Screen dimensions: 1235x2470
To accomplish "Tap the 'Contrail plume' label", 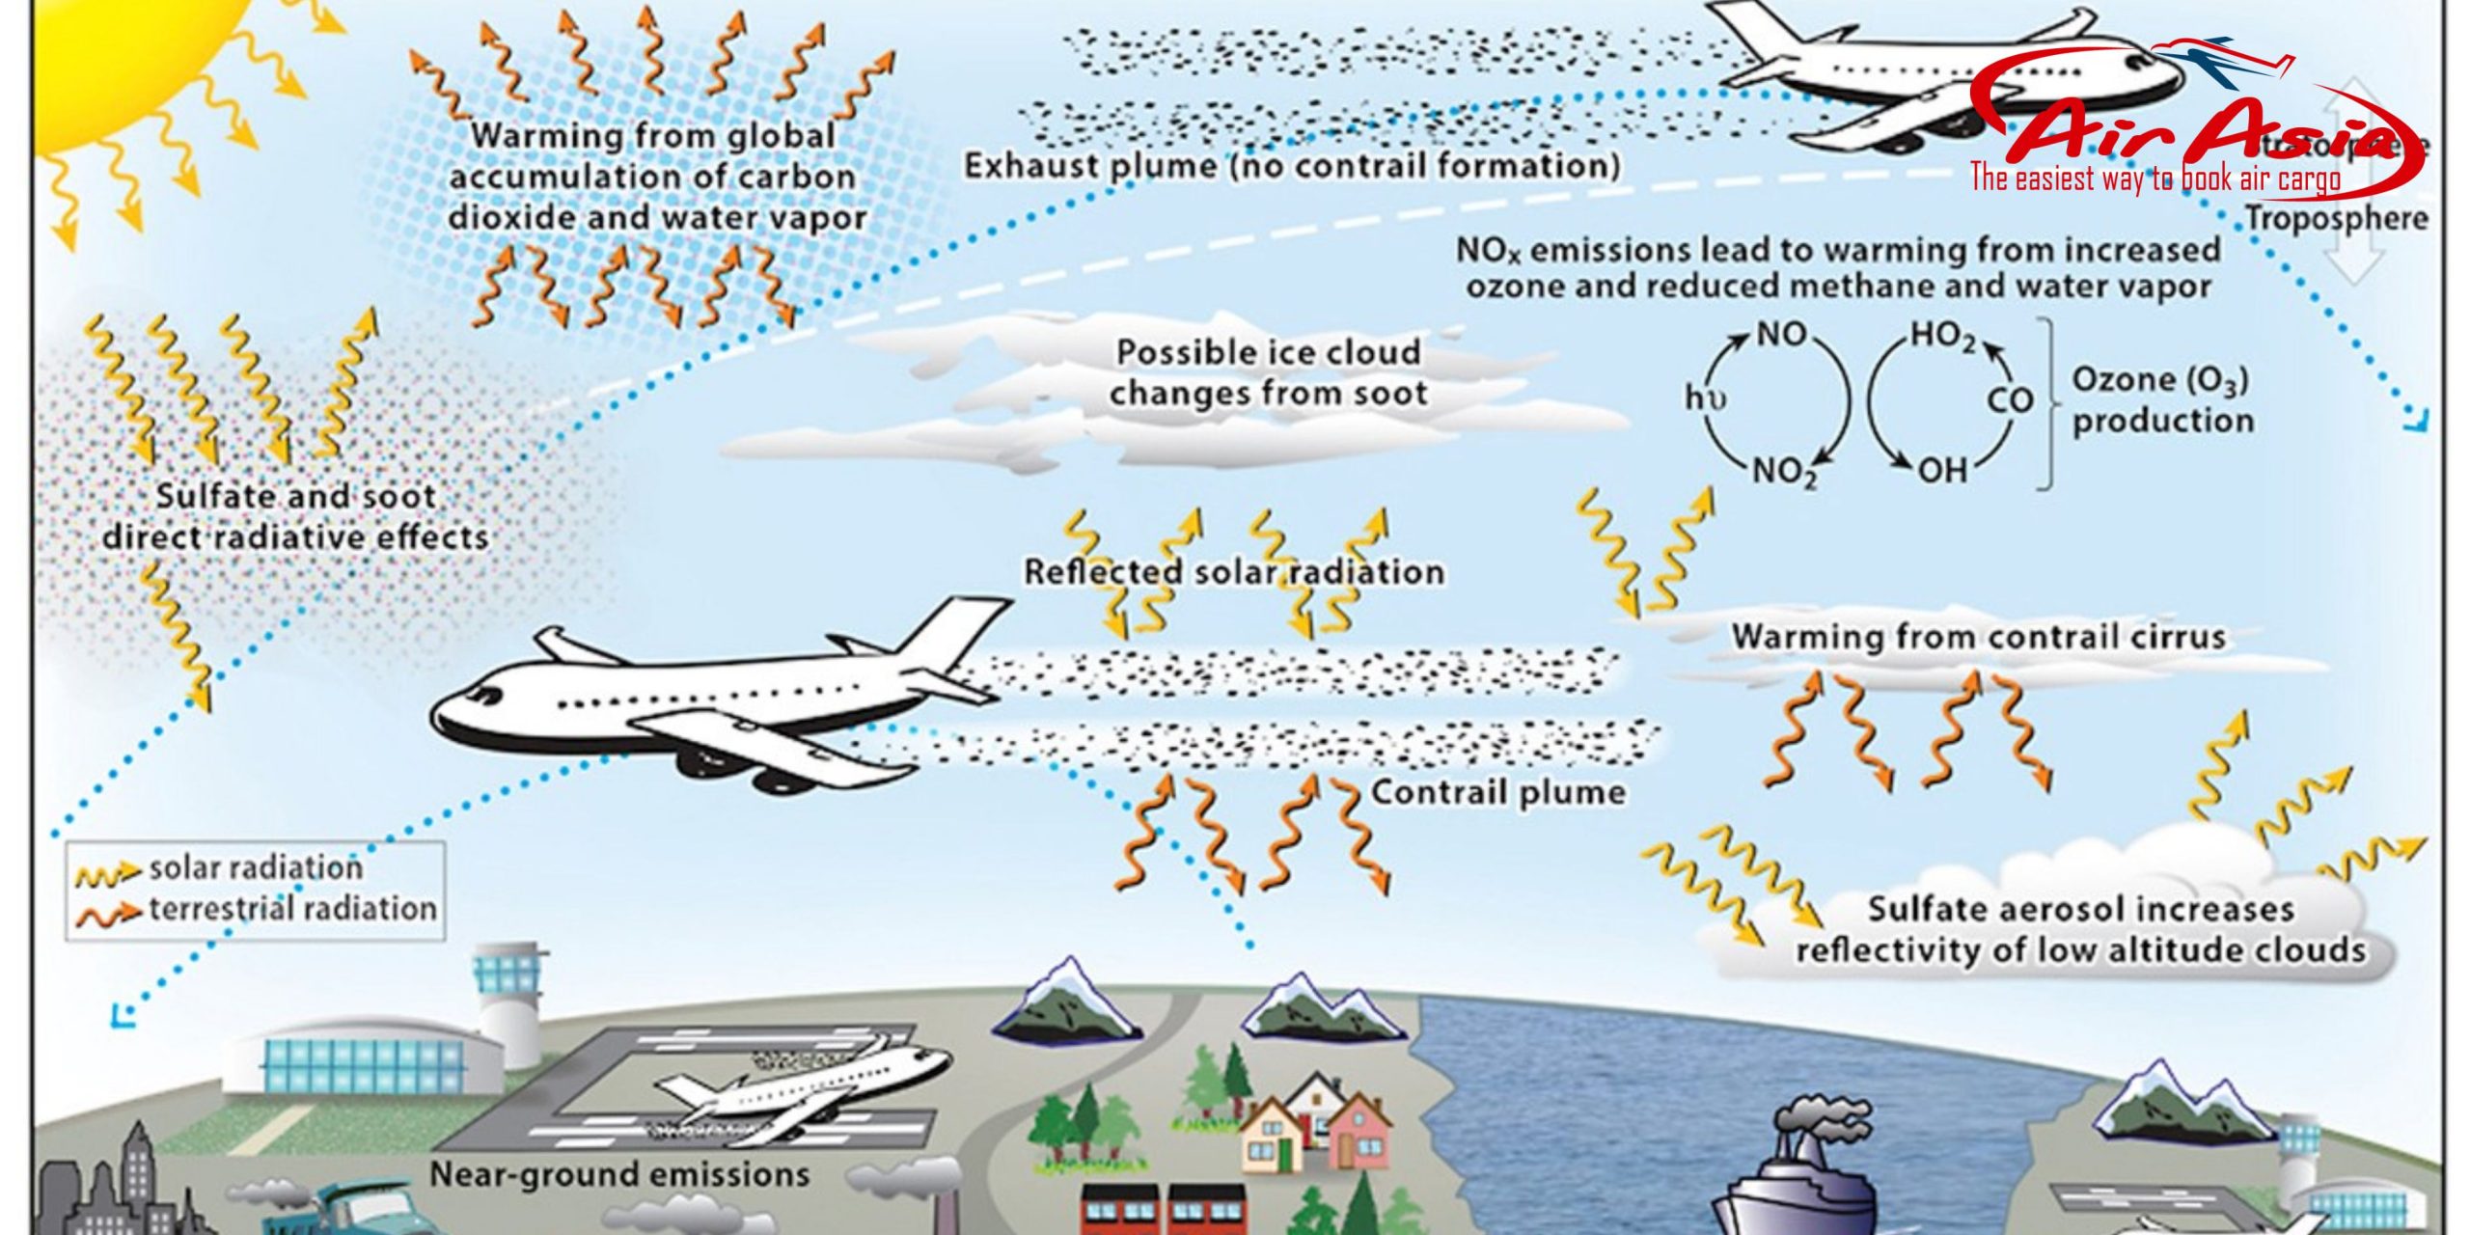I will click(1497, 793).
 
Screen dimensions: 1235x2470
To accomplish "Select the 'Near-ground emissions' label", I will click(618, 1174).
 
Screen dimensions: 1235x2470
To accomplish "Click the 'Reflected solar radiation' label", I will click(1234, 572).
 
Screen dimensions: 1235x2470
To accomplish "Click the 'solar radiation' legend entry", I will click(256, 868).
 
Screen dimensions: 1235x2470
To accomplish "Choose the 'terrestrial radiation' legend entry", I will click(292, 909).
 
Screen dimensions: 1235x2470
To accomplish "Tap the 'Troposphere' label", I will click(2335, 218).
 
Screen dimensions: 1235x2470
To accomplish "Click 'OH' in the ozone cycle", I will click(1941, 471).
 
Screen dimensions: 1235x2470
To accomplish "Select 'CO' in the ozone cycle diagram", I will click(2009, 399).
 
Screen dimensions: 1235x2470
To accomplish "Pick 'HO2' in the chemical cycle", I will click(1943, 336).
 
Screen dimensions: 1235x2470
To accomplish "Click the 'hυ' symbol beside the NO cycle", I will click(1706, 398).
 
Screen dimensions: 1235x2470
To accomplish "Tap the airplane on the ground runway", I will click(791, 1090).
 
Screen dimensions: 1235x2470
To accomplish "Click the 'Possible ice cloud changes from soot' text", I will click(1268, 372).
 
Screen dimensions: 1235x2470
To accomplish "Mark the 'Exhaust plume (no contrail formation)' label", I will click(1291, 166).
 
